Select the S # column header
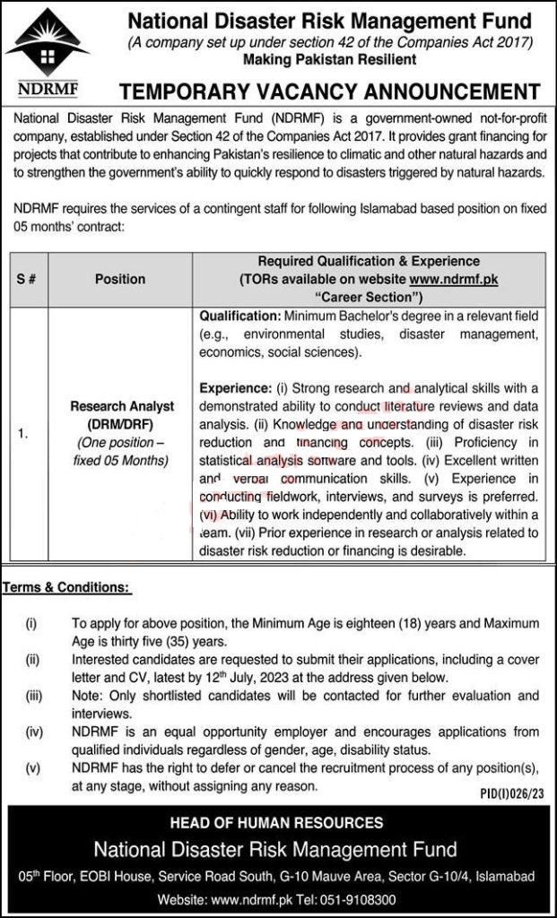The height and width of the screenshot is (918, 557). pyautogui.click(x=27, y=279)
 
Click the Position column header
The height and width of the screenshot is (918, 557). pyautogui.click(x=119, y=279)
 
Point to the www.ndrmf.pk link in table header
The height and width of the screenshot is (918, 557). pyautogui.click(x=453, y=279)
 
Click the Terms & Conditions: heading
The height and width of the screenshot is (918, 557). pyautogui.click(x=66, y=588)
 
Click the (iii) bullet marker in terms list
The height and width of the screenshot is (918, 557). pyautogui.click(x=32, y=695)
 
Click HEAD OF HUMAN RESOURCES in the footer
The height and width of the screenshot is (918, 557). pyautogui.click(x=279, y=822)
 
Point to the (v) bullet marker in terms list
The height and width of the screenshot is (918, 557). pyautogui.click(x=32, y=766)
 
